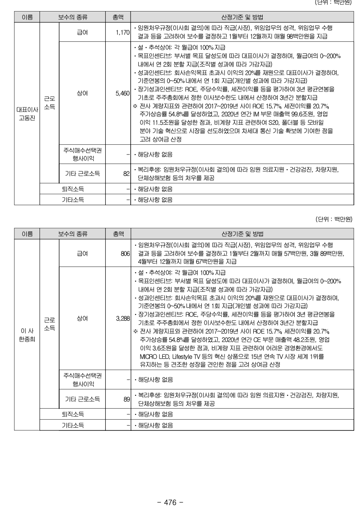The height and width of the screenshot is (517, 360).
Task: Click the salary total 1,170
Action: pyautogui.click(x=121, y=33)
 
